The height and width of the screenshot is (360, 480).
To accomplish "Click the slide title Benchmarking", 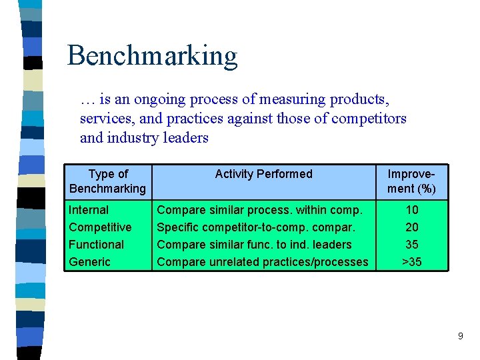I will pos(152,56).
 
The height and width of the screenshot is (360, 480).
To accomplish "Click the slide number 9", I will pos(460,337).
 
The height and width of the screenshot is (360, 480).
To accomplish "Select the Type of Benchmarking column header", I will pos(107,181).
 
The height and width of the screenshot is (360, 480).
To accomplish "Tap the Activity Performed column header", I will pos(263,174).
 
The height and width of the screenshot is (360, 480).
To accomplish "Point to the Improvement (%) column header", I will pos(411,181).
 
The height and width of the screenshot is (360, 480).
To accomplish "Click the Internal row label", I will pos(89,210).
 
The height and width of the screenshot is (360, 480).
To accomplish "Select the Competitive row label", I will pos(100,227).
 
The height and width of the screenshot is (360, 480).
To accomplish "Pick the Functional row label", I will pos(96,245).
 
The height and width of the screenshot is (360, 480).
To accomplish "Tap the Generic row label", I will pos(89,262).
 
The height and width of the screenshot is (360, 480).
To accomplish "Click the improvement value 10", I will pos(411,210).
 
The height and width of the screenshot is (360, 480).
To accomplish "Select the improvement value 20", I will pos(411,227).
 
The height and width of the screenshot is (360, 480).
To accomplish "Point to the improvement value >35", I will pos(411,262).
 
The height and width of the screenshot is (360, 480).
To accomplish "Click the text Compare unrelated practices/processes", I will pos(262,262).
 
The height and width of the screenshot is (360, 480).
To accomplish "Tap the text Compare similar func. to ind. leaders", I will pos(254,245).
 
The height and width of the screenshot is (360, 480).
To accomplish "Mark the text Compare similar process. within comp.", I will pos(260,210).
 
